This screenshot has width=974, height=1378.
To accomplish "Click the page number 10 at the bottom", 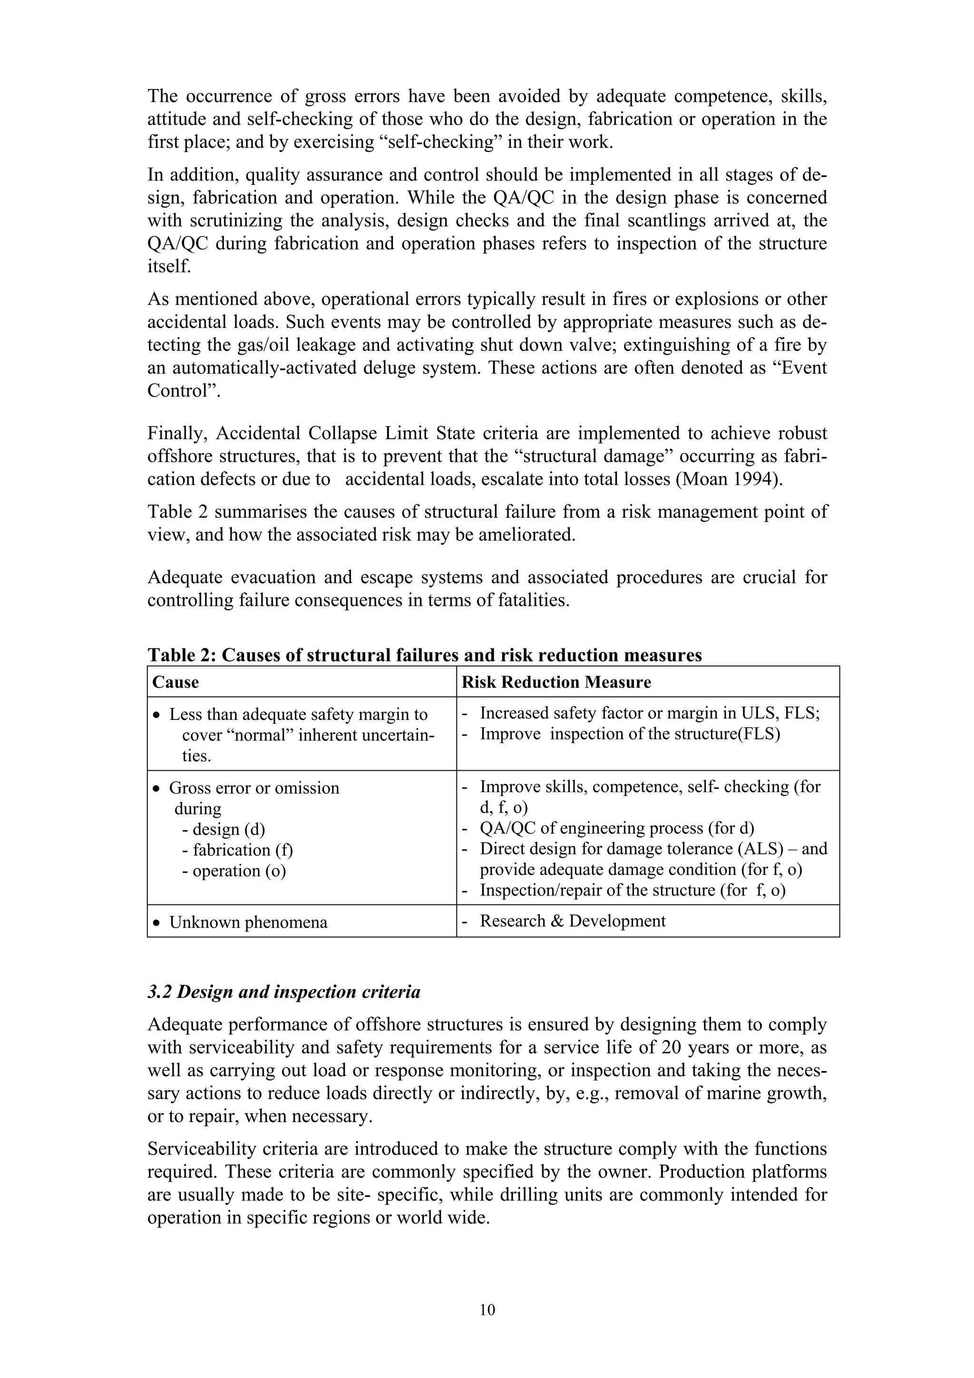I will coord(487,1310).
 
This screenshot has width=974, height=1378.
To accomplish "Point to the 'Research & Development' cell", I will coord(572,921).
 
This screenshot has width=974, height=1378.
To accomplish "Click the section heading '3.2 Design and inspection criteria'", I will coord(284,991).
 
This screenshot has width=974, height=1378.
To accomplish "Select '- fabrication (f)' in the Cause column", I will coord(237,850).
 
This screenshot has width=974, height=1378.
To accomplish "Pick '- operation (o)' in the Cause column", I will coord(234,870).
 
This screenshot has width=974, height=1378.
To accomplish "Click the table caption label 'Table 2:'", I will coord(181,655).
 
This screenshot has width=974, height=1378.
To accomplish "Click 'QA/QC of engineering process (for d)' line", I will coord(616,828).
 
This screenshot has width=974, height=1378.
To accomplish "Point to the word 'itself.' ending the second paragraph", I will coord(169,266).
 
